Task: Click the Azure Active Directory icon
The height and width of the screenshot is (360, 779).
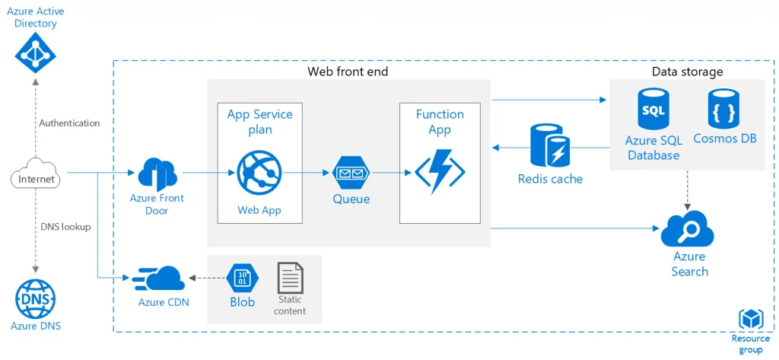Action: [36, 53]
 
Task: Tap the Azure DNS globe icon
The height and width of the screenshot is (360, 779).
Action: [35, 298]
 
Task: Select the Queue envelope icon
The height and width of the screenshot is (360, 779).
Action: [351, 175]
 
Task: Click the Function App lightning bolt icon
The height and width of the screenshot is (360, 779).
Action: [440, 172]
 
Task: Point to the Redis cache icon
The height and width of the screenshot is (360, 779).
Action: [549, 146]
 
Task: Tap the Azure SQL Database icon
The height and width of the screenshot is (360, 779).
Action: [653, 110]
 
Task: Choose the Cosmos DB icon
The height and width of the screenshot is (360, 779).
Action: [723, 110]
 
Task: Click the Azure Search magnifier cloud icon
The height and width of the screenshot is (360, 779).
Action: [688, 230]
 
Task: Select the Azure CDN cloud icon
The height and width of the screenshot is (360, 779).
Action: [159, 279]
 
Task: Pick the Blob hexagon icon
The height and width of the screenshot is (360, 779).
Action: [242, 278]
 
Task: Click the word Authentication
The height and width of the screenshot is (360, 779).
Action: [69, 123]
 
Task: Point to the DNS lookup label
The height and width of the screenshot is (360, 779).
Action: [66, 226]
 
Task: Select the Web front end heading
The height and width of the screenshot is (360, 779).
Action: [348, 72]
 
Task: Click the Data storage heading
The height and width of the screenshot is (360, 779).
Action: [687, 72]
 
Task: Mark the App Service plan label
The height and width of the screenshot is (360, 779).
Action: [259, 122]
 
